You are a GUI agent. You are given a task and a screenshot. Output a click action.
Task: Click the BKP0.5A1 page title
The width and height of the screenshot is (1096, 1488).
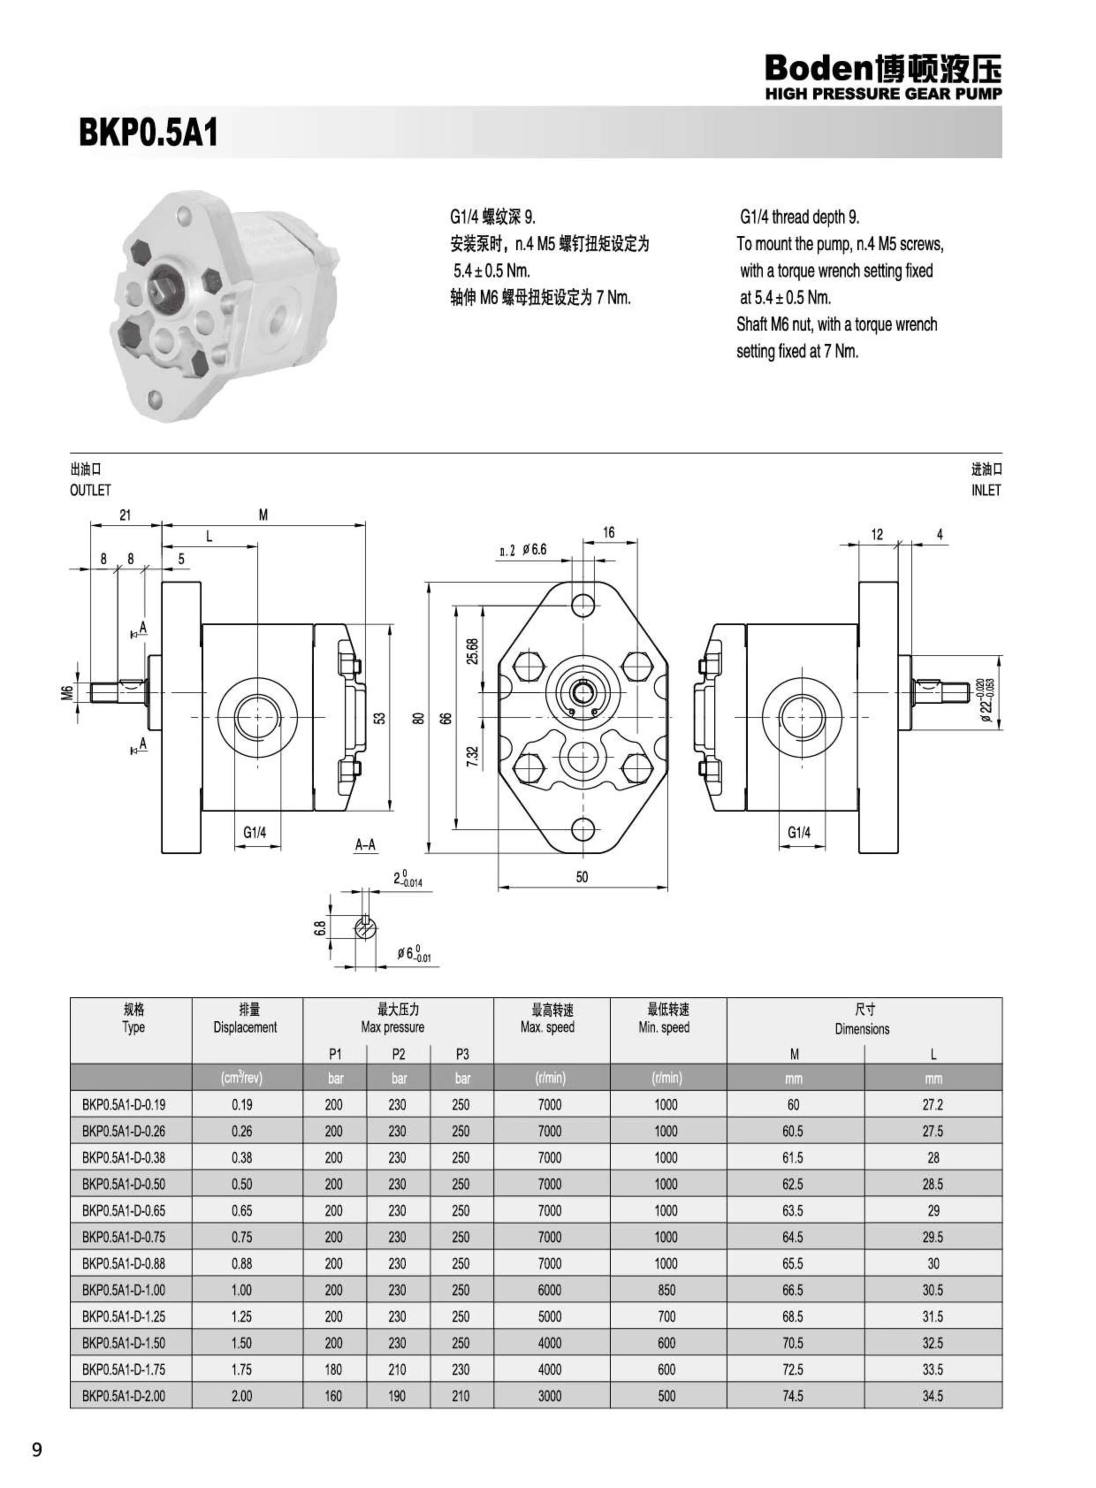148,133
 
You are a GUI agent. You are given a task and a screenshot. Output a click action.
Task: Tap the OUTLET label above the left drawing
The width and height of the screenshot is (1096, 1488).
90,490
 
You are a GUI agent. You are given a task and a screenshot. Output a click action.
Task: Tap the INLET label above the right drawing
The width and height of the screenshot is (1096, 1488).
986,490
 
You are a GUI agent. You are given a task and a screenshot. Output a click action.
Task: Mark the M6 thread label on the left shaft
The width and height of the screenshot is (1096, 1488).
66,693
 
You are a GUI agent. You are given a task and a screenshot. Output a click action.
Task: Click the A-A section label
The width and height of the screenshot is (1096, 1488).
365,845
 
